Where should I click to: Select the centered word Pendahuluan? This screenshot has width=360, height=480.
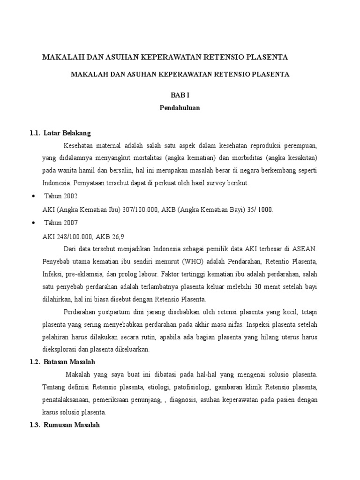180,107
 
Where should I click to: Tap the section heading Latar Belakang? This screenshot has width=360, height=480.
67,133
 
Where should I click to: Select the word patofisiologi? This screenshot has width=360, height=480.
189,387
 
